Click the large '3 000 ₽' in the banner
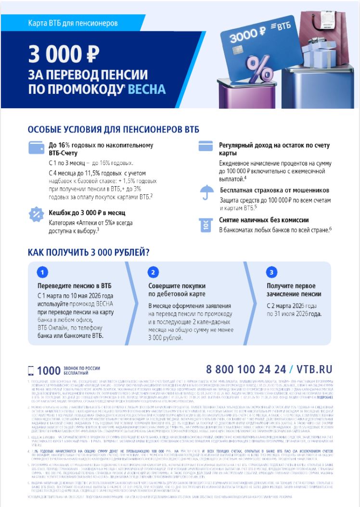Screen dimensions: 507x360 [x=62, y=54]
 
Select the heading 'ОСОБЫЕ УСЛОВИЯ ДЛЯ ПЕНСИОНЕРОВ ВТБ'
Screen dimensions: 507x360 [x=113, y=130]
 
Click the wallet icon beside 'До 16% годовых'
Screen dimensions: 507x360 [x=37, y=148]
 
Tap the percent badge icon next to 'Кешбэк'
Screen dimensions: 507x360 [x=37, y=214]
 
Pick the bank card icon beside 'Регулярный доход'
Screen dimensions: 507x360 [x=206, y=146]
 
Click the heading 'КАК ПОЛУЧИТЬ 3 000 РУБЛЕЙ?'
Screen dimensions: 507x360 [x=88, y=252]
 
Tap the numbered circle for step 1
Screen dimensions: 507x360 [x=43, y=273]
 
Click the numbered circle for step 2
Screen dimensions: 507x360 [x=153, y=273]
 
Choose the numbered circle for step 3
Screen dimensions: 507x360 [x=271, y=273]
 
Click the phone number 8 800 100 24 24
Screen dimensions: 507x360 [x=245, y=369]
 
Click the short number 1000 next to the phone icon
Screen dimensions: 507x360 [x=47, y=370]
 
